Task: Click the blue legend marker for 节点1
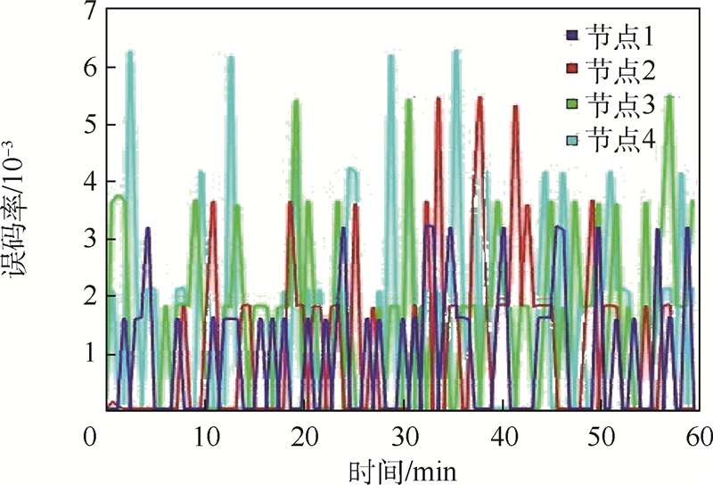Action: (x=572, y=37)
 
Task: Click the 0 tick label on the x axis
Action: (x=90, y=437)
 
